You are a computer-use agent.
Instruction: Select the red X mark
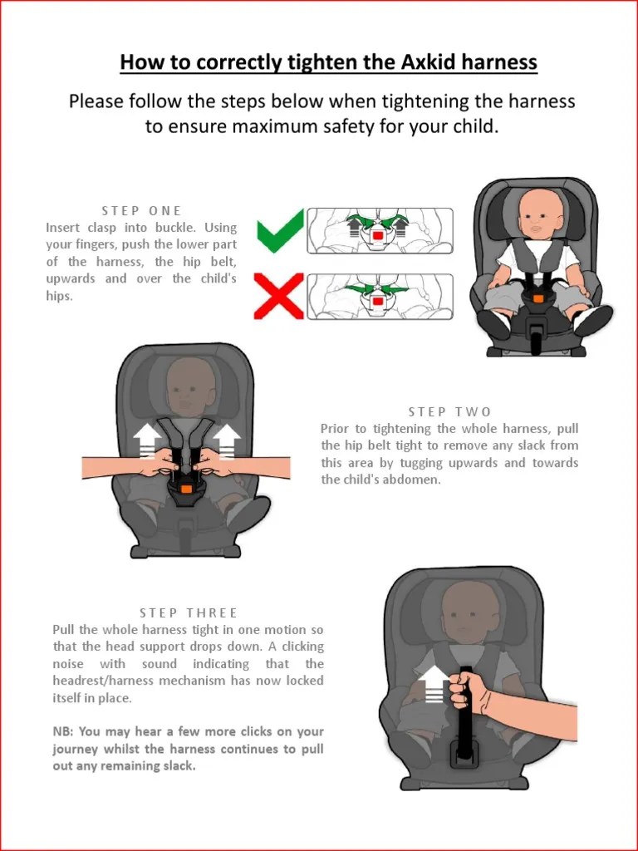point(278,295)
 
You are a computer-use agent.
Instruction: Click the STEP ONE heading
point(141,210)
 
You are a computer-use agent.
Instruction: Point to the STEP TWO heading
point(449,411)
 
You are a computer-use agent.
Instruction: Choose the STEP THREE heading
point(189,612)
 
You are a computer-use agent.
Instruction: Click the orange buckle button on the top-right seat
point(538,296)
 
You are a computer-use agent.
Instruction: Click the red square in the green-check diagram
point(378,237)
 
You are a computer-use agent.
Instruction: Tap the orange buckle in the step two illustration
point(186,489)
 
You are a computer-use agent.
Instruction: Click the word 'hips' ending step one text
point(59,296)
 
